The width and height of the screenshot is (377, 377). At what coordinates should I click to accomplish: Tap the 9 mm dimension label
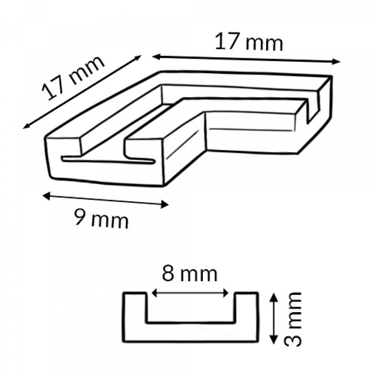[101, 219]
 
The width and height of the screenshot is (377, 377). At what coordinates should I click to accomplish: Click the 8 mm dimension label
[190, 274]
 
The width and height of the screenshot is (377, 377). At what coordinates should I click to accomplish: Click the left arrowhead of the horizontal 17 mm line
[156, 57]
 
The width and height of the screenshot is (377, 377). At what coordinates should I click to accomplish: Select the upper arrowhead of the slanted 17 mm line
[138, 58]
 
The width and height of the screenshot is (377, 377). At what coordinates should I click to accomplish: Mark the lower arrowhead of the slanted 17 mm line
[27, 126]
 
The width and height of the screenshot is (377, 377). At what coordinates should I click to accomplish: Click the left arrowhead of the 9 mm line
[46, 196]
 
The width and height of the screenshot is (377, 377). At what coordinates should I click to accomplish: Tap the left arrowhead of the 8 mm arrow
[155, 293]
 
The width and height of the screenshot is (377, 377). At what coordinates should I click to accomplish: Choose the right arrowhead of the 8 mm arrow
[226, 293]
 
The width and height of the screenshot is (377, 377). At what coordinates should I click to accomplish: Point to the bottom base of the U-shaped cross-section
[191, 332]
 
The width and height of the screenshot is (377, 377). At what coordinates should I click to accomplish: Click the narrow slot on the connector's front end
[108, 161]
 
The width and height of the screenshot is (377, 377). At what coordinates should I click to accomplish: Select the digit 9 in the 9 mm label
[80, 217]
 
